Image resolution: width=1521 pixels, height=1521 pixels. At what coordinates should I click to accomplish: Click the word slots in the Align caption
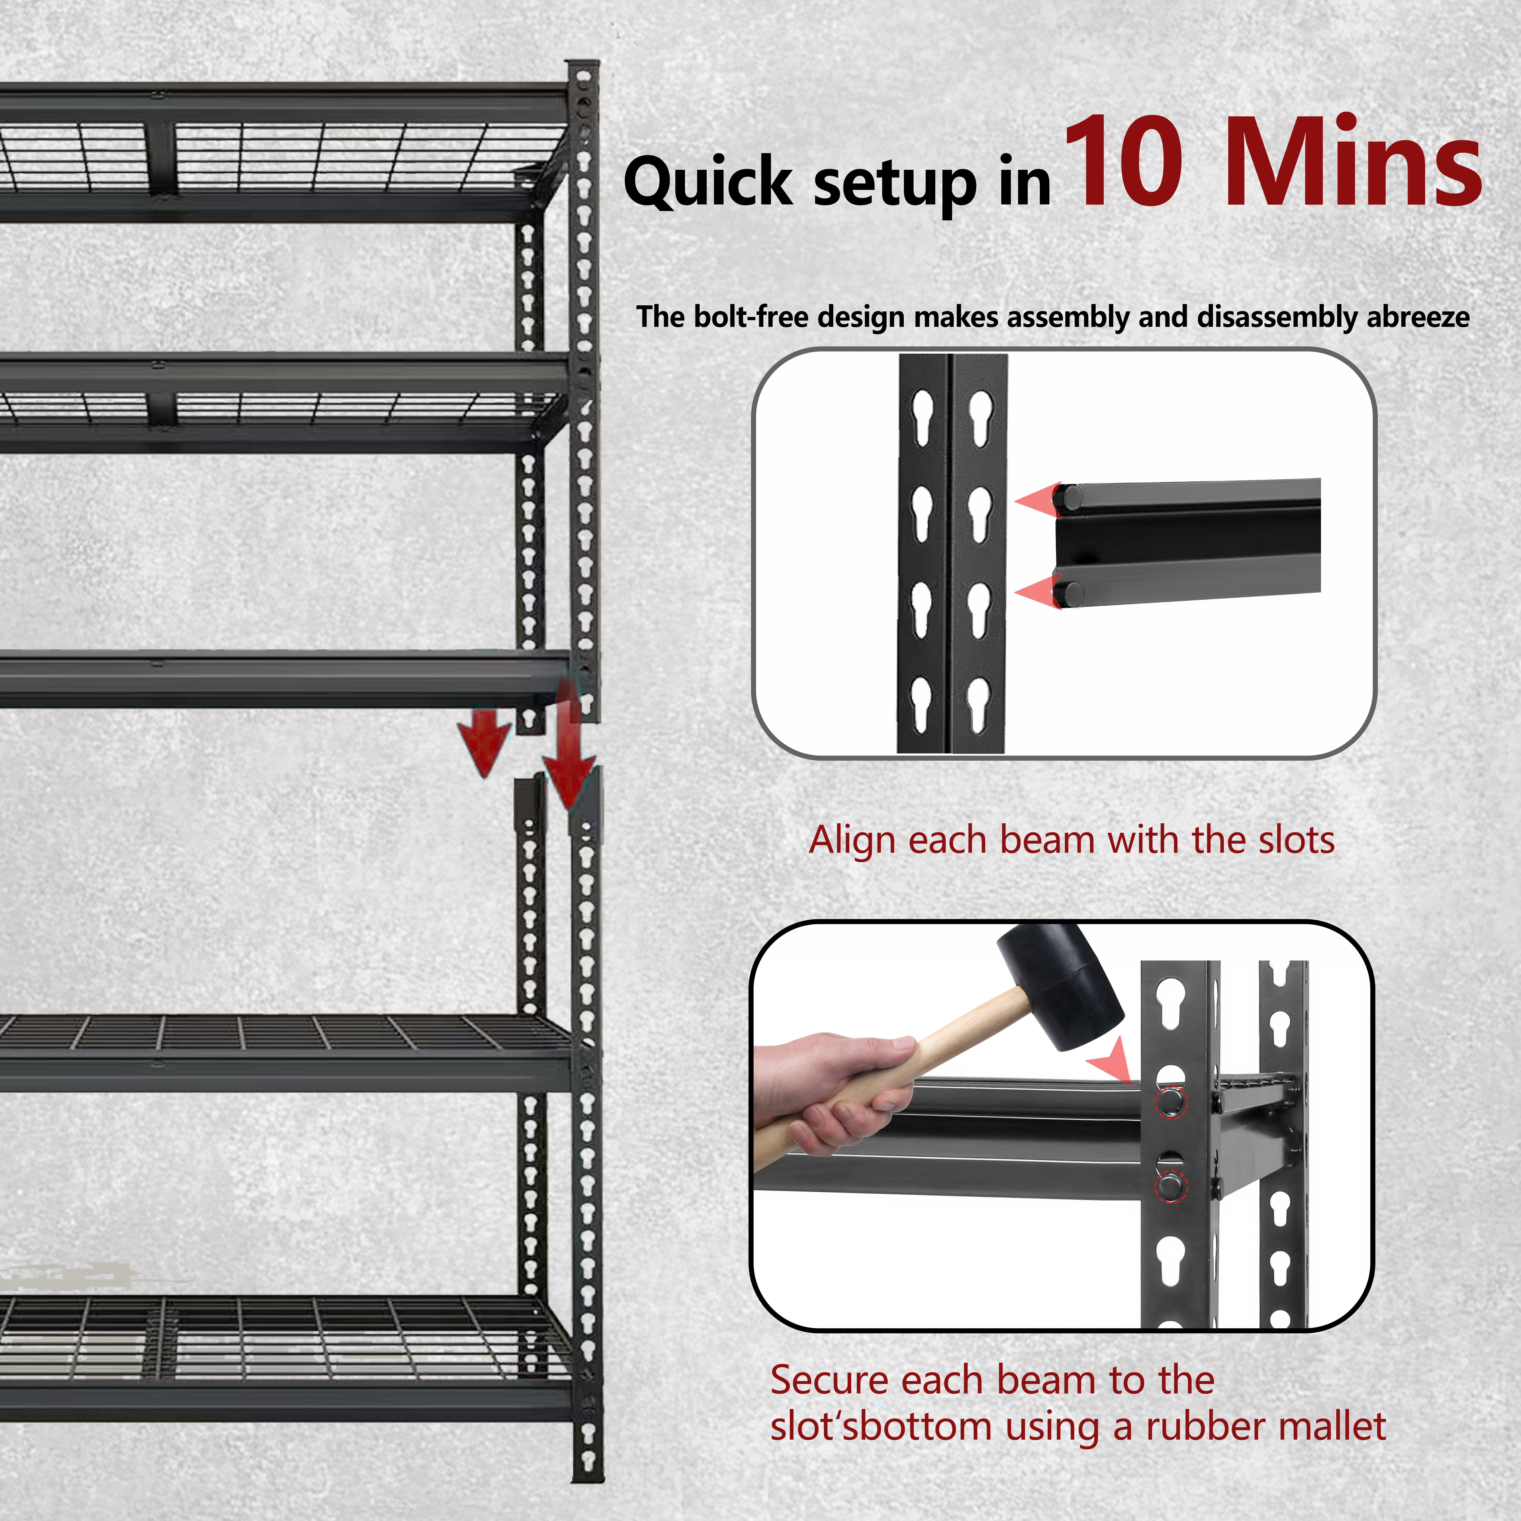click(x=1296, y=840)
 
